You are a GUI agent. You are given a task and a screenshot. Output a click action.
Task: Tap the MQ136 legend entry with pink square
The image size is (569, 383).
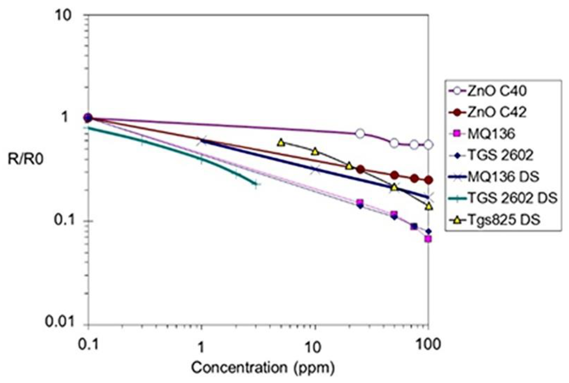click(x=491, y=134)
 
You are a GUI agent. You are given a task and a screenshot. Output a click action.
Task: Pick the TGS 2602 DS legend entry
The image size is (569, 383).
click(x=511, y=198)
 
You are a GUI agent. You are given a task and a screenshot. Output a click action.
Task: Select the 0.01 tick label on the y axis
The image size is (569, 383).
click(x=59, y=322)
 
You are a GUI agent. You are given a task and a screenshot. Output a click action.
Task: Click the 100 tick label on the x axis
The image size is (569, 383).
click(x=427, y=344)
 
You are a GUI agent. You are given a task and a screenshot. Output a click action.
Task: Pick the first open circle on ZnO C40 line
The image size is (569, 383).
click(x=360, y=133)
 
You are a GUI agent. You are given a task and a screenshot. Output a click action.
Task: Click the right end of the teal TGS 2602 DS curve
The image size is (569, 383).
click(x=255, y=183)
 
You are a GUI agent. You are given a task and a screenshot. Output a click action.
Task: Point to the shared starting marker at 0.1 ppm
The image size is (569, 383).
click(x=88, y=118)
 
